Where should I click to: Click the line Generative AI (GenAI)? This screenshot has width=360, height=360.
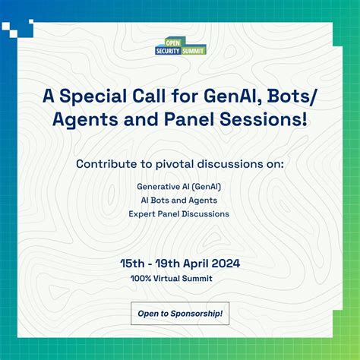pyautogui.click(x=180, y=186)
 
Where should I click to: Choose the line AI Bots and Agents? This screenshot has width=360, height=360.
pyautogui.click(x=179, y=200)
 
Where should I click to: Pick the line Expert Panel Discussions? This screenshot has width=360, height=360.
pyautogui.click(x=179, y=213)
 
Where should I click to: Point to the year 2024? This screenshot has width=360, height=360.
pyautogui.click(x=226, y=264)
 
